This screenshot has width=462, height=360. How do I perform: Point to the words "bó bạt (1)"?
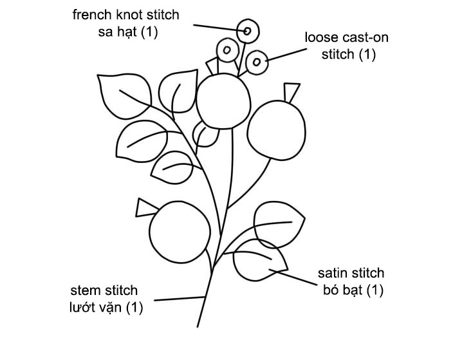[x=352, y=290]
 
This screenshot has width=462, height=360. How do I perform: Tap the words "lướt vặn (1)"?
[x=106, y=308]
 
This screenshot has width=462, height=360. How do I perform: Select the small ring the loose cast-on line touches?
[x=257, y=62]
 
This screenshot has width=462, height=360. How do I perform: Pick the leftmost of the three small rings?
[x=227, y=49]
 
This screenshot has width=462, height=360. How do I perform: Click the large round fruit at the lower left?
[x=180, y=232]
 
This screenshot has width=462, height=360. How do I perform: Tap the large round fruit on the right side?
[x=276, y=129]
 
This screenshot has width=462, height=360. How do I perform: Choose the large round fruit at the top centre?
[x=223, y=100]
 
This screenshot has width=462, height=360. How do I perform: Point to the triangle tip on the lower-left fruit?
[x=145, y=207]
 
